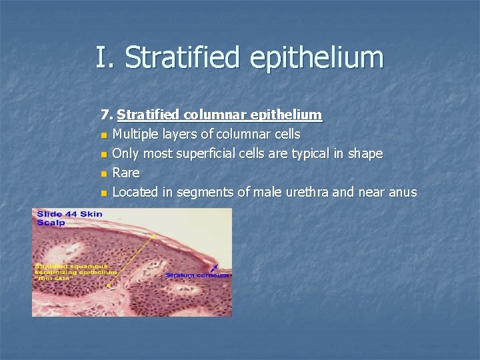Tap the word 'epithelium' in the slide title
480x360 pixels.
point(317,57)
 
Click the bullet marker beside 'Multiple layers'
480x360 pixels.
point(104,135)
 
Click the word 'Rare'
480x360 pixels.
point(126,173)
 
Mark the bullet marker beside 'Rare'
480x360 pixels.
point(104,174)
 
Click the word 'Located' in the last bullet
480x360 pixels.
point(135,193)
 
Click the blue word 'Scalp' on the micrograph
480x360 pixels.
point(51,222)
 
